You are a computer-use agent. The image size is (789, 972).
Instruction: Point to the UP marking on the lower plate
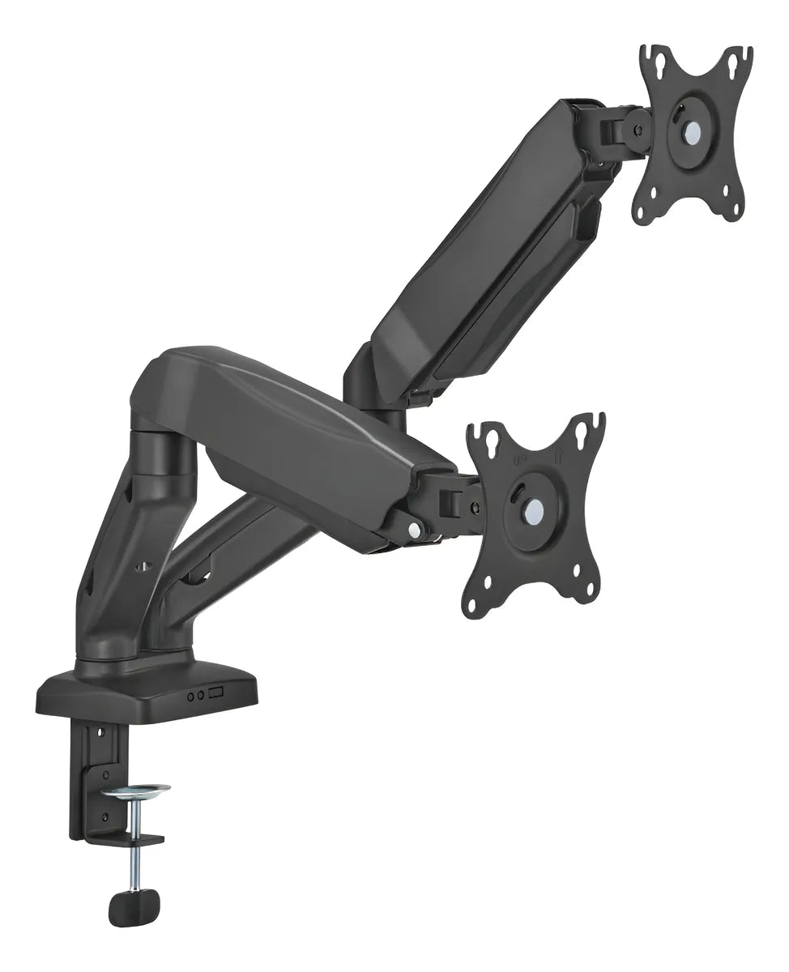click(x=522, y=459)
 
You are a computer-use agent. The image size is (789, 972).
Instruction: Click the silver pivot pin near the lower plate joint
click(x=415, y=531)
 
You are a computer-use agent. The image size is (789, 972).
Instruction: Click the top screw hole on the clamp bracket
click(x=101, y=732)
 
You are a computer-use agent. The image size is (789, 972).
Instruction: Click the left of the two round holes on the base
click(x=191, y=695)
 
